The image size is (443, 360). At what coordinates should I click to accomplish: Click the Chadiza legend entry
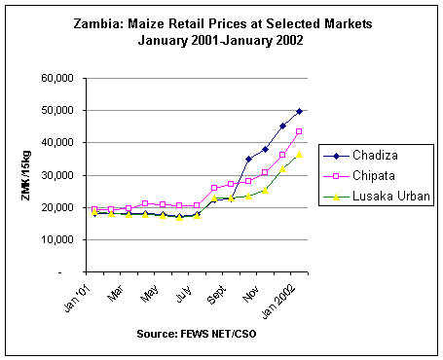coord(360,156)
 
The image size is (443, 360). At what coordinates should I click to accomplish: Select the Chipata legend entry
coord(359,176)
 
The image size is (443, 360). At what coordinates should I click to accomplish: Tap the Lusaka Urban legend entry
coord(377,197)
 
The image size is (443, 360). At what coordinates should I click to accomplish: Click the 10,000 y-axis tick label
coord(57,239)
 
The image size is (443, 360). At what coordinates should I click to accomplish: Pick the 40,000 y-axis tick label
coord(57,143)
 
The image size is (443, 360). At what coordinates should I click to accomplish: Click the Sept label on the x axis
coord(216,295)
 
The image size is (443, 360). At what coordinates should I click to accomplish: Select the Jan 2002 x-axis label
coord(278,303)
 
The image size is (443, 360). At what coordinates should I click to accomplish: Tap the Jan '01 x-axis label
coord(77,299)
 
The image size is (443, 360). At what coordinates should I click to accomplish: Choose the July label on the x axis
coord(184,294)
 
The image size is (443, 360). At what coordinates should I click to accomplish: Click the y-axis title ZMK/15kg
coord(26,175)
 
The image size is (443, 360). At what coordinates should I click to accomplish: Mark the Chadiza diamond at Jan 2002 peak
coord(299,111)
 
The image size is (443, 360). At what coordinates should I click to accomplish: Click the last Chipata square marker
coord(299,131)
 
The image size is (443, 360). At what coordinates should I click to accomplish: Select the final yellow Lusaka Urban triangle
coord(299,155)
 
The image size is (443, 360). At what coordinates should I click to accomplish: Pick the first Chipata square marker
coord(94,209)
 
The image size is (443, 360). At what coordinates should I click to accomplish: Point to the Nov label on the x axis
coord(250,294)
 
